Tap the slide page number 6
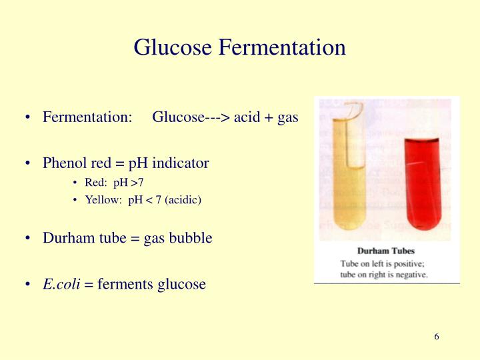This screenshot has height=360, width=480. pyautogui.click(x=437, y=336)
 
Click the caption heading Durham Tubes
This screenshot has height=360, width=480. pyautogui.click(x=386, y=251)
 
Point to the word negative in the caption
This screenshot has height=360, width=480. pyautogui.click(x=411, y=273)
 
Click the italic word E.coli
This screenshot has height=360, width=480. pyautogui.click(x=61, y=284)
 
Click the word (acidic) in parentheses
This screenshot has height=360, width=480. pyautogui.click(x=179, y=199)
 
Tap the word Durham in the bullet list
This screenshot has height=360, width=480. pyautogui.click(x=67, y=238)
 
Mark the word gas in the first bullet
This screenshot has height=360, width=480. pyautogui.click(x=287, y=118)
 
